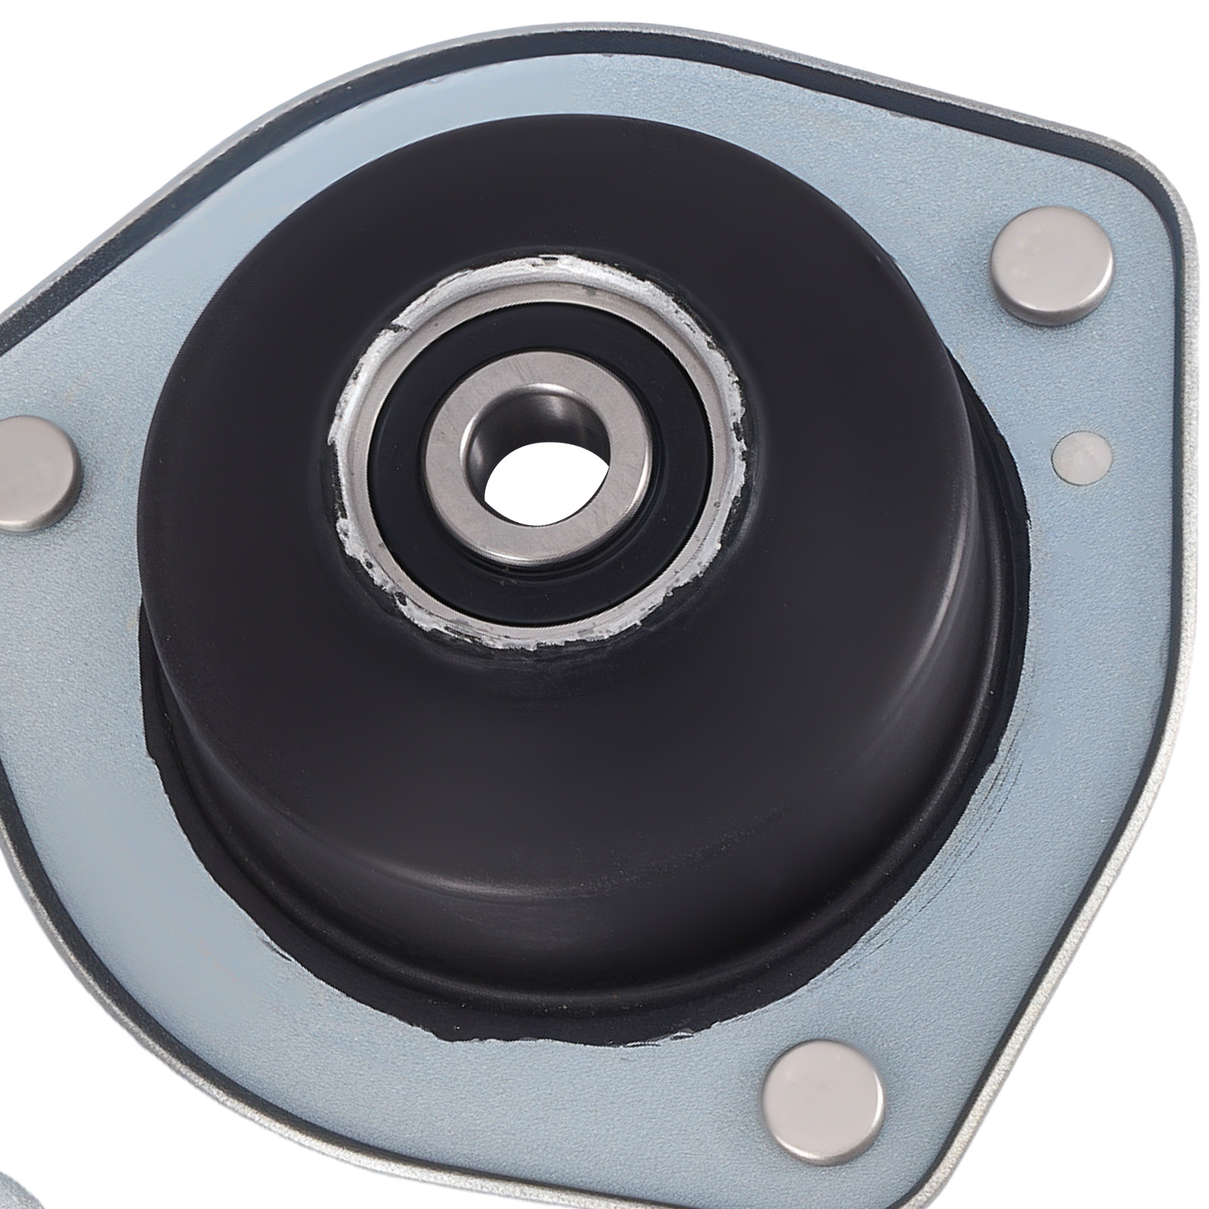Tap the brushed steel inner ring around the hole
(461, 468)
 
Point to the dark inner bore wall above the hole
(521, 438)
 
